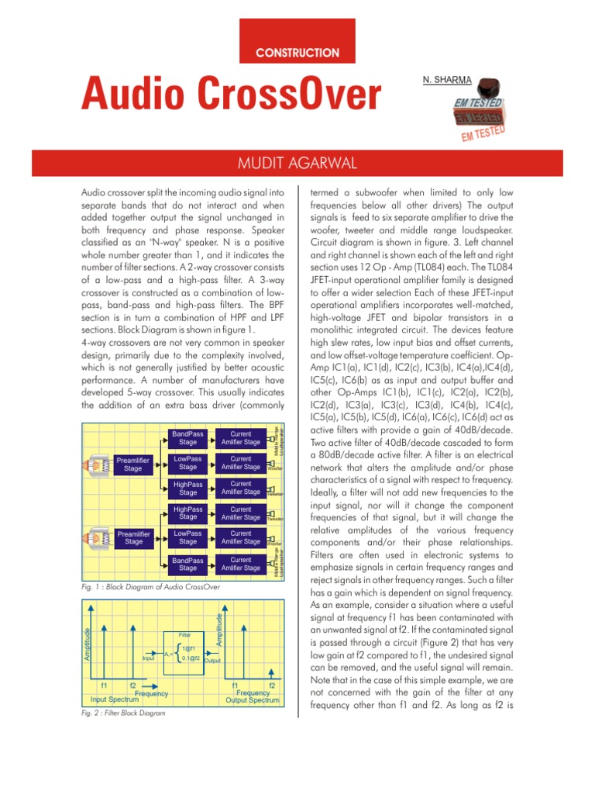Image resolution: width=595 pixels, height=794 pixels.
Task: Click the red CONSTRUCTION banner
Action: tap(298, 53)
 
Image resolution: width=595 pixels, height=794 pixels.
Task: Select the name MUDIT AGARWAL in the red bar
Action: tap(297, 164)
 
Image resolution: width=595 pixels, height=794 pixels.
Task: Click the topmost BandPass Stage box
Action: tap(187, 438)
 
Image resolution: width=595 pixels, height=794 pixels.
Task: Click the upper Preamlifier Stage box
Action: tap(133, 464)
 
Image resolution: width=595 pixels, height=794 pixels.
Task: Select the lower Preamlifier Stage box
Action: tap(133, 537)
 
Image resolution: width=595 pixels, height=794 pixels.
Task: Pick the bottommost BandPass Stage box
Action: tap(187, 564)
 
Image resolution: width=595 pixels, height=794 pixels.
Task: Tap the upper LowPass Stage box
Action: tap(187, 463)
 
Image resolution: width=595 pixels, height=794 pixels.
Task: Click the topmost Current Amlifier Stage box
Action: tap(240, 438)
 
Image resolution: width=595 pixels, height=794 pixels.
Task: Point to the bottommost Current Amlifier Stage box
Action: tap(240, 564)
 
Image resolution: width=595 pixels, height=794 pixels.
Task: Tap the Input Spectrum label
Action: tap(115, 699)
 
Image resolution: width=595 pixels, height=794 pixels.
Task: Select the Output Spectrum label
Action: tap(253, 699)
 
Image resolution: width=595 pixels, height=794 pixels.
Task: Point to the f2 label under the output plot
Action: tap(272, 685)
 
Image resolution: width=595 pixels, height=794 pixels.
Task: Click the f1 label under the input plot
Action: tap(103, 685)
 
